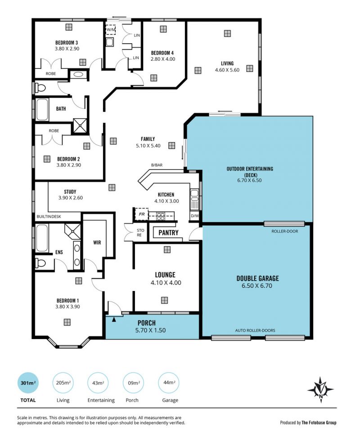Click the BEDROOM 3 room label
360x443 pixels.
(67, 43)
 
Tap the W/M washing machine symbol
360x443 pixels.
(111, 30)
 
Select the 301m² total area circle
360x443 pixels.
(28, 383)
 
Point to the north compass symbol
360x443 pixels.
(321, 390)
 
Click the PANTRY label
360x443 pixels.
(168, 233)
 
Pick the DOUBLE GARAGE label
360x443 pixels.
(257, 278)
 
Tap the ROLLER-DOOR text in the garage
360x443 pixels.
(284, 231)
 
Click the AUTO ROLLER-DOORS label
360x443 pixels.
(255, 330)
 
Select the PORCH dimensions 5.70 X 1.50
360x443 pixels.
(150, 330)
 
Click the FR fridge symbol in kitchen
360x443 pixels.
(142, 214)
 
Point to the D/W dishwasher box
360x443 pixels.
(195, 216)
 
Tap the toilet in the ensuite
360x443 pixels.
(40, 263)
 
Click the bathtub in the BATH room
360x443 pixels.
(42, 110)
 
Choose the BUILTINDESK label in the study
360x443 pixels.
(49, 216)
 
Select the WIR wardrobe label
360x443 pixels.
(97, 242)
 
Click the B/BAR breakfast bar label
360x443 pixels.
(157, 165)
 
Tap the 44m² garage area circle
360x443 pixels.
(169, 383)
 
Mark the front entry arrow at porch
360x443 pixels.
(114, 319)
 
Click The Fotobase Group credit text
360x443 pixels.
(319, 423)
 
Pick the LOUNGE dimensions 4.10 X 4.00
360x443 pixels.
(166, 282)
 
